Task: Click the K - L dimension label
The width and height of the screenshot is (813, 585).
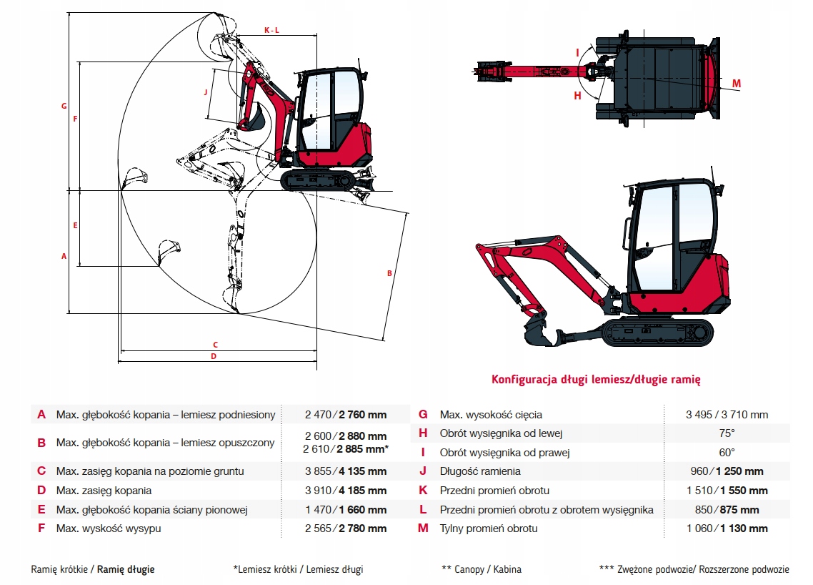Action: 271,30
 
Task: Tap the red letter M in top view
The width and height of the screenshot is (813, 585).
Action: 737,84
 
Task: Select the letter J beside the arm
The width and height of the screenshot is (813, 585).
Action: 205,92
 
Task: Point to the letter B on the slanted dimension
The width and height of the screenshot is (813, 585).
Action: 389,273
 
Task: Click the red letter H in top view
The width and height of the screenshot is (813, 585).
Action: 578,95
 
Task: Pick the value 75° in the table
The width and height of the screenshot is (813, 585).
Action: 727,433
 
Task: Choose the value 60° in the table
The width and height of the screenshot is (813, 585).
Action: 727,453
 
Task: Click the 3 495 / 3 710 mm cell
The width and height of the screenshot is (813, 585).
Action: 727,414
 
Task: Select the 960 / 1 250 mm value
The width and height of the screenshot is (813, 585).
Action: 727,471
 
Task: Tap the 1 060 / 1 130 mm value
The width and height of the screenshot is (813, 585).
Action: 727,529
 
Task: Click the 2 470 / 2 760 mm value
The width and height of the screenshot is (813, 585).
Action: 346,414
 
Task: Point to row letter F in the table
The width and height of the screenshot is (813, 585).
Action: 41,529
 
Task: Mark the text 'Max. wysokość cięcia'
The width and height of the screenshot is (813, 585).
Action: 491,414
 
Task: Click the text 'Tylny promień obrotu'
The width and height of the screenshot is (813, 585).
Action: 489,529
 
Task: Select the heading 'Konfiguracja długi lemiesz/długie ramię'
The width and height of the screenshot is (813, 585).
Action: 597,379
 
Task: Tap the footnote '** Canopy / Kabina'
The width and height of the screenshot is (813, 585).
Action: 482,570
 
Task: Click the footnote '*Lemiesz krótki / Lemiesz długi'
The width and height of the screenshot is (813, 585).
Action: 298,570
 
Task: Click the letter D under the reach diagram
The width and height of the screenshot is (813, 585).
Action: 213,356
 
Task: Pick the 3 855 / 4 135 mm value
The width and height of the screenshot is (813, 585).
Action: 346,471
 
